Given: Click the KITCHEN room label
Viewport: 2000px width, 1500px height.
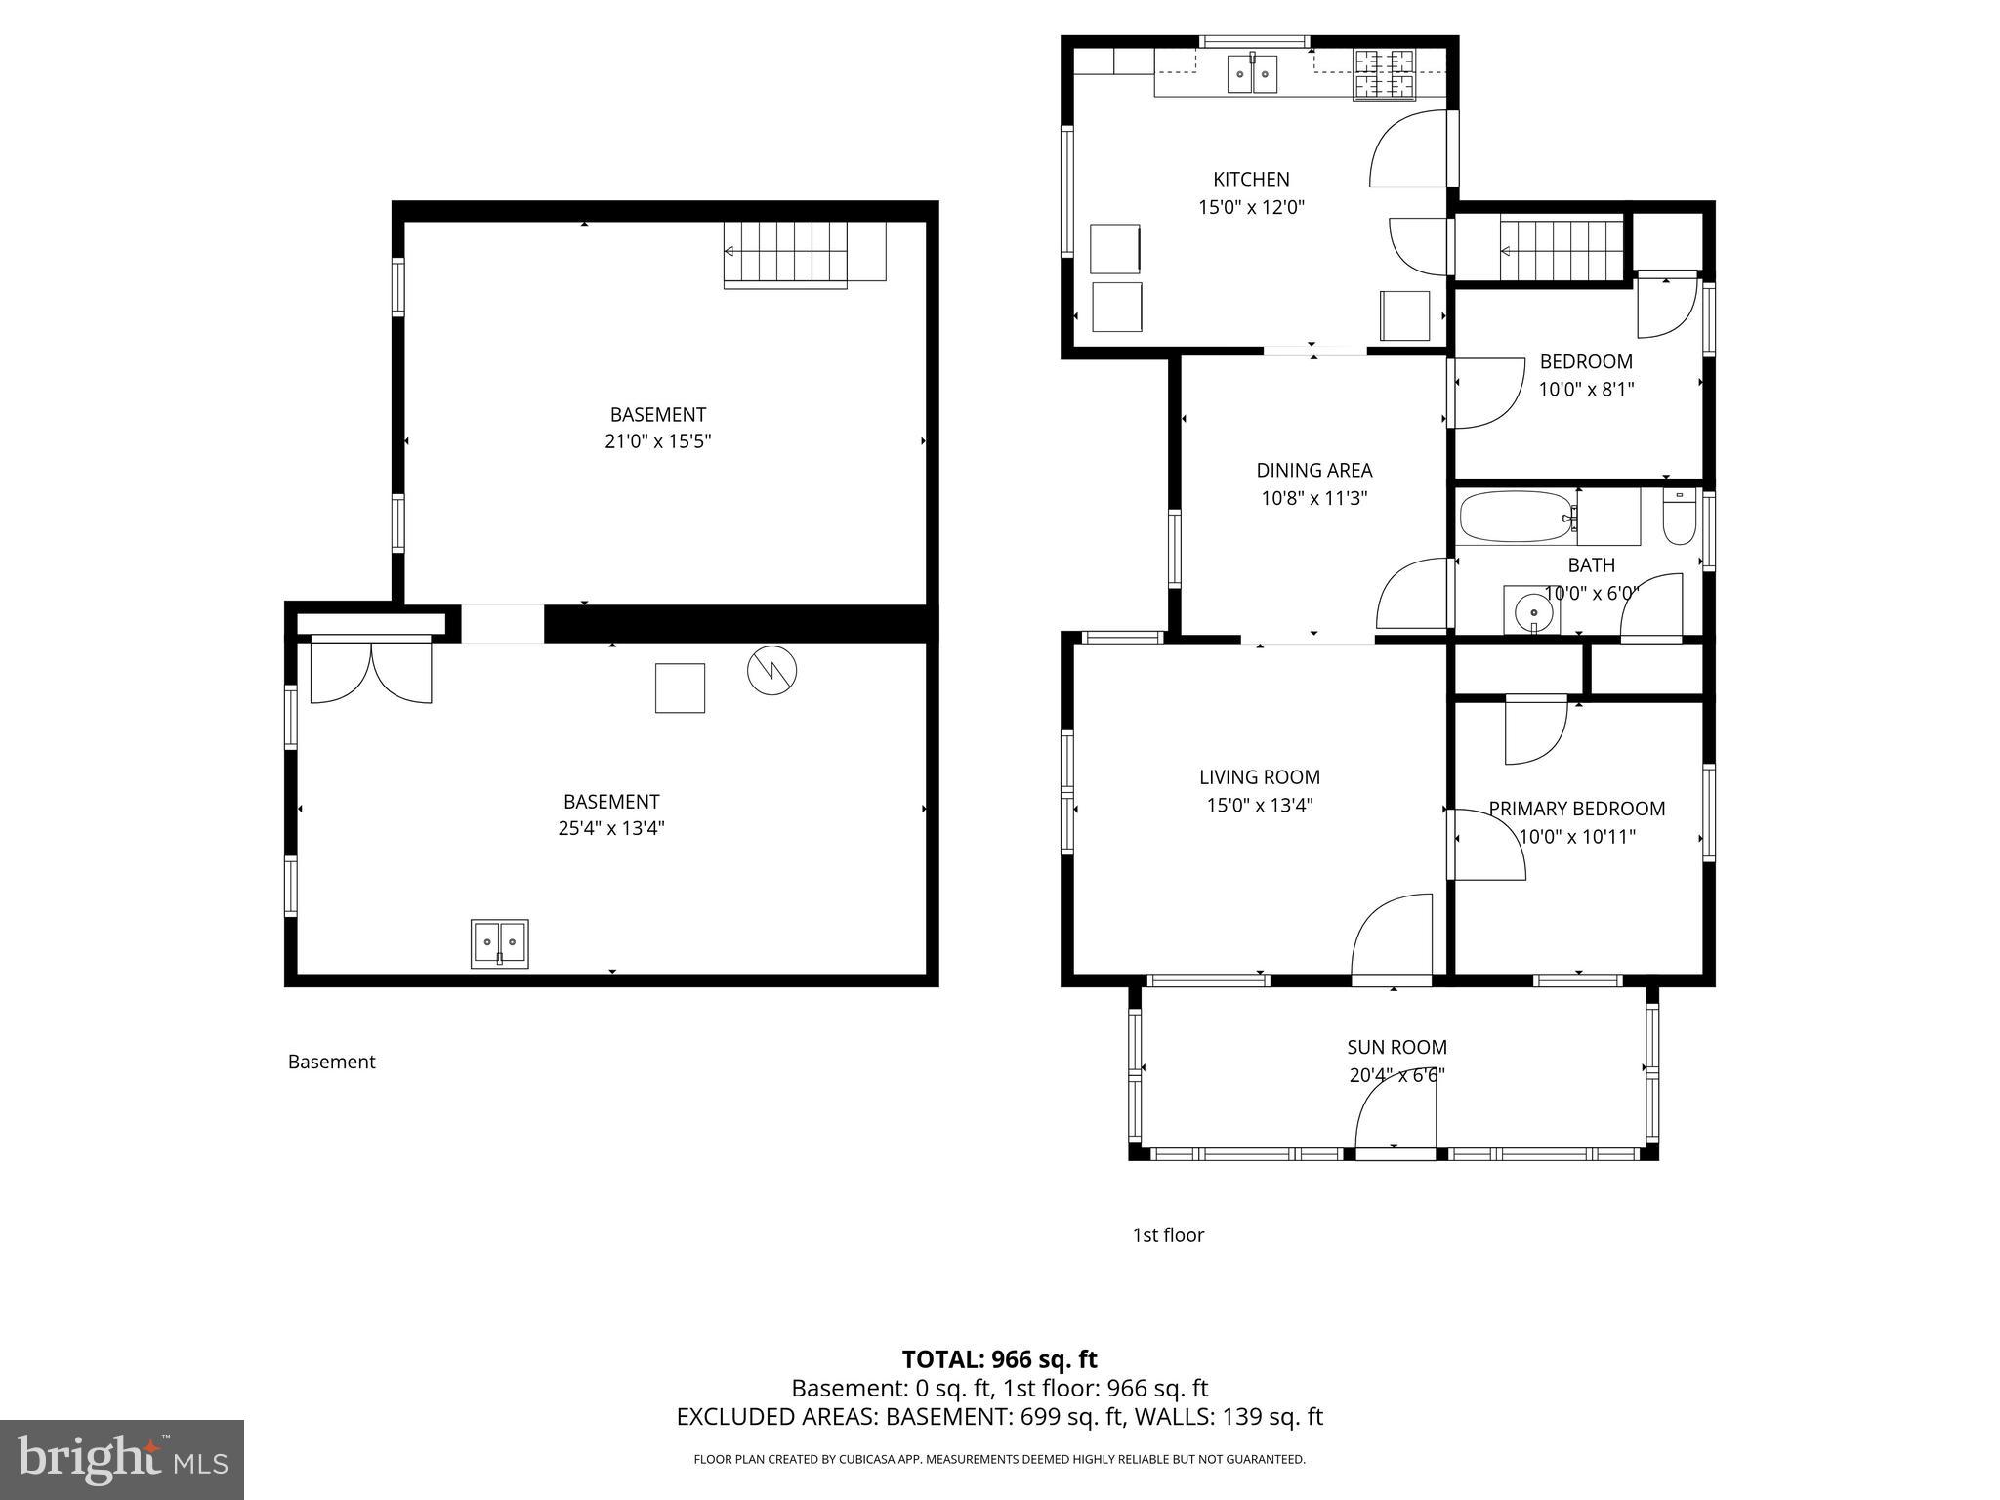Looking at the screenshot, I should tap(1251, 180).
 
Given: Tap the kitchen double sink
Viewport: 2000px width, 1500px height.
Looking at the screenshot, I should tap(1252, 73).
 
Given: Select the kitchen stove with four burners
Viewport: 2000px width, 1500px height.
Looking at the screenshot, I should tap(1384, 75).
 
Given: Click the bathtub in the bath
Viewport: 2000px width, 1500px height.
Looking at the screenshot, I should tap(1514, 517).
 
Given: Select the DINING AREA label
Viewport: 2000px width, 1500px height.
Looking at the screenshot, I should tap(1313, 471).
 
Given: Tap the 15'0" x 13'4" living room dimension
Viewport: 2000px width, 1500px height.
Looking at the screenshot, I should tap(1259, 806).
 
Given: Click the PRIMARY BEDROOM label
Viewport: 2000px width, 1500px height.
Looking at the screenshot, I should tap(1576, 809).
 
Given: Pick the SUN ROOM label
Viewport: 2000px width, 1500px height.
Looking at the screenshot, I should tap(1396, 1047).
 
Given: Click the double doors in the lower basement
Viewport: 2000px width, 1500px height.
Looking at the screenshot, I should tap(370, 671).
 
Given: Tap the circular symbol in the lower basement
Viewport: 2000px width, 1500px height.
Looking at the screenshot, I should tap(771, 671).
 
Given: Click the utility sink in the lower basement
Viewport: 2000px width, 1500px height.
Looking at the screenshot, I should tap(500, 943).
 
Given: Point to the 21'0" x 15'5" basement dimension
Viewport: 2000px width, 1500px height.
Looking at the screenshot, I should tap(657, 441).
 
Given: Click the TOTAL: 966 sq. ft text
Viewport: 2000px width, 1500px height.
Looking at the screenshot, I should tap(999, 1359).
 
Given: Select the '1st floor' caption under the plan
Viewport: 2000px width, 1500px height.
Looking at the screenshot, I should tap(1168, 1235).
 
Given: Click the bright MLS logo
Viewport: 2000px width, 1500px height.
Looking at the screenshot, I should tap(122, 1459).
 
